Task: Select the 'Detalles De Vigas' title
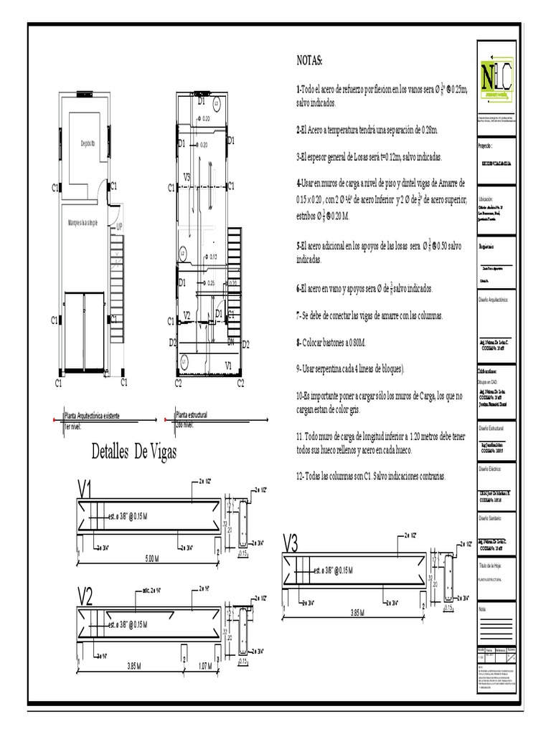click(134, 452)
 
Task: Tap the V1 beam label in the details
click(86, 491)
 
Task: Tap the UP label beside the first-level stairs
click(120, 227)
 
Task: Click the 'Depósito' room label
click(88, 142)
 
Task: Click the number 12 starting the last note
click(300, 475)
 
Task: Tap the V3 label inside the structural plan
click(187, 176)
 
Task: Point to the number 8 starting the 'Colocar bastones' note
click(298, 343)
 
